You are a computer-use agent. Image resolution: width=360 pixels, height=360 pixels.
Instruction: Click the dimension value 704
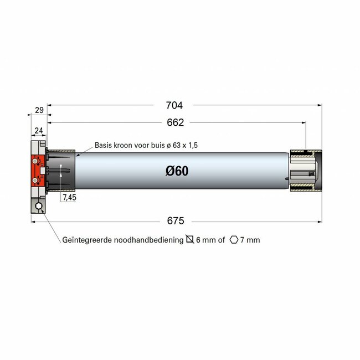pos(174,105)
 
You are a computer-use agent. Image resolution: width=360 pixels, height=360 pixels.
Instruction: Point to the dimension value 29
pos(39,111)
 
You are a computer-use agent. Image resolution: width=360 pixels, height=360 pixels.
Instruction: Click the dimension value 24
pos(39,131)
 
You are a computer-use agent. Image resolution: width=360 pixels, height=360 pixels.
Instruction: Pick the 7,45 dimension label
pos(69,197)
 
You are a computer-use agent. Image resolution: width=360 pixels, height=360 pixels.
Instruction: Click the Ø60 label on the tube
pos(177,171)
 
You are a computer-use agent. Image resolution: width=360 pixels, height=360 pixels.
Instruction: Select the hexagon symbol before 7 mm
pos(234,240)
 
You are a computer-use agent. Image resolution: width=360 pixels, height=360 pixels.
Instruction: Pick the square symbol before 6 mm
pos(190,240)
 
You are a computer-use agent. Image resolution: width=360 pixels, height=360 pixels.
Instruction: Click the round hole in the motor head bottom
pos(39,207)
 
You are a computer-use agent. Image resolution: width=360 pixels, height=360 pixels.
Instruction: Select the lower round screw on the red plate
pos(35,180)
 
